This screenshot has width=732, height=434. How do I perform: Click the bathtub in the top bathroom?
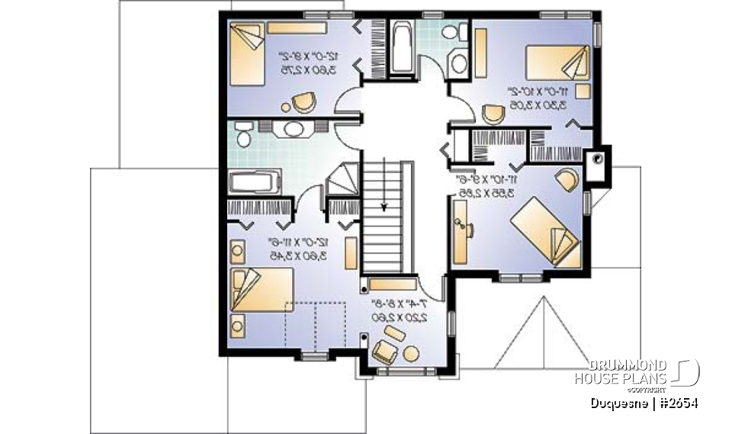401,47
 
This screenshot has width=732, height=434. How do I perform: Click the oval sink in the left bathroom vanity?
293,128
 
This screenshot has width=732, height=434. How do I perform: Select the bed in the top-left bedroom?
246,54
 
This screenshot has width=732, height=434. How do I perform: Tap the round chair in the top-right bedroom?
493,112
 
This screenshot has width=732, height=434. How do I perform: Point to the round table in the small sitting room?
413,353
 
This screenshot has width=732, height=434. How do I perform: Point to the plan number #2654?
679,402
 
